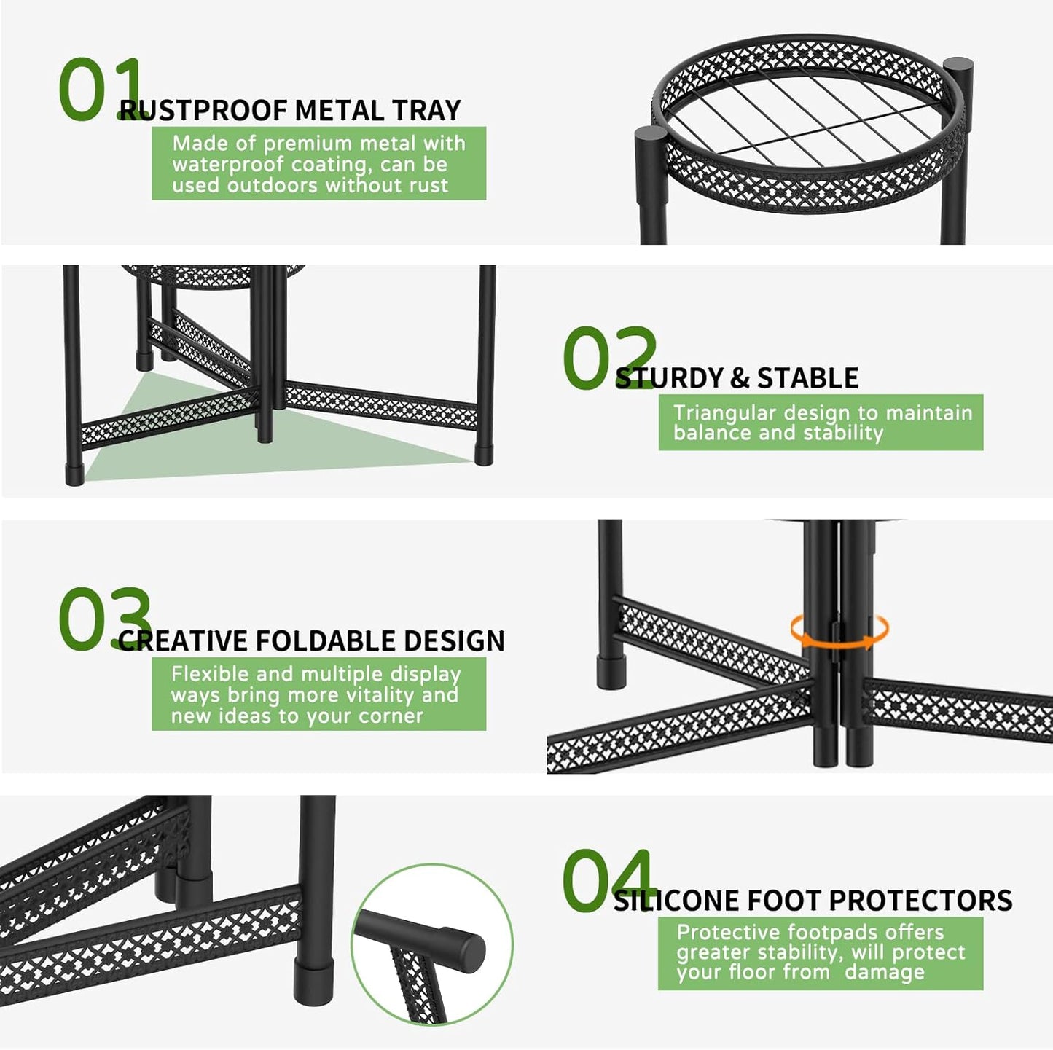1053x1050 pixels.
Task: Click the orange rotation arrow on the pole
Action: point(839,632)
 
